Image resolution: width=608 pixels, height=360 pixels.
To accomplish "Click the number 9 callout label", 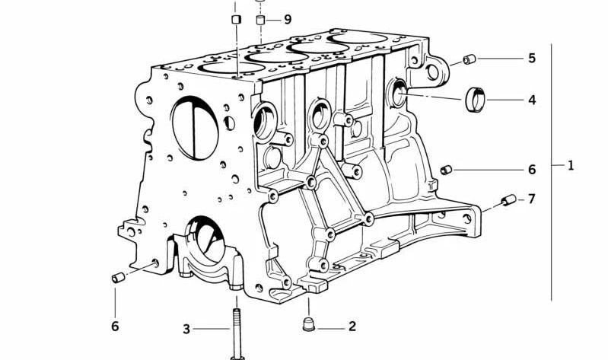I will coord(287,19).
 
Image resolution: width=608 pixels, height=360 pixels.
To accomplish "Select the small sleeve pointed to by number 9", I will coord(261,19).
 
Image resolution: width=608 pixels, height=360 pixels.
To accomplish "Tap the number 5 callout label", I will coord(532,58).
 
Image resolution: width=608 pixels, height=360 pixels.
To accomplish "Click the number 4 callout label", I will coord(532,100).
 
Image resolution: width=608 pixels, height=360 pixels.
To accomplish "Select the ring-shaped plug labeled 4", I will coord(476,99).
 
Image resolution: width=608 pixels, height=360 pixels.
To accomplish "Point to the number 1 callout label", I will coord(571,165).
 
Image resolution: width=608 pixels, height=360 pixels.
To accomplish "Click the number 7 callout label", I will coord(532,199).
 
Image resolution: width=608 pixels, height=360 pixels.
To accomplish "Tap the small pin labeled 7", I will coord(508,201).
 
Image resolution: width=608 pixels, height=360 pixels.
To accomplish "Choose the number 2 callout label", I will coord(352,327).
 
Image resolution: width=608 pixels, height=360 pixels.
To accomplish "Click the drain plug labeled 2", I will coord(308,325).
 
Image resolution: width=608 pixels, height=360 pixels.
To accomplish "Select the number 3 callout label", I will coord(186,329).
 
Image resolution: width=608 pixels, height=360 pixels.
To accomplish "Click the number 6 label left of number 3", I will coord(115,327).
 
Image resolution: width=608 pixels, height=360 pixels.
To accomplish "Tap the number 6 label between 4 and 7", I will coord(532,169).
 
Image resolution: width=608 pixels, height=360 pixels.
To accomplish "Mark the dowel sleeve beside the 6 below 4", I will coord(447,169).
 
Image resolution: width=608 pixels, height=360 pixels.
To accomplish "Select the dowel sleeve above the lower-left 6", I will coord(118,277).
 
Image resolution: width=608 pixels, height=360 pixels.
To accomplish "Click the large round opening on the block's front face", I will coord(195,127).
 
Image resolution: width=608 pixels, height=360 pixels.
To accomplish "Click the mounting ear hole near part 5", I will coord(434,72).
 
